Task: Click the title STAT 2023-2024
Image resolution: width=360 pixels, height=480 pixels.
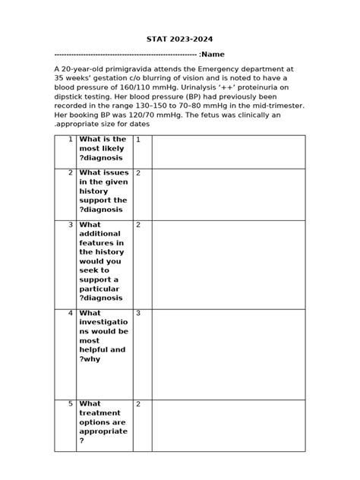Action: pos(179,39)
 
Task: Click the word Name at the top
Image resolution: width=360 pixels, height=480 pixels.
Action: pos(212,55)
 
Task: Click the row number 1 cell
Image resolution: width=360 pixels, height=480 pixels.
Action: pos(65,151)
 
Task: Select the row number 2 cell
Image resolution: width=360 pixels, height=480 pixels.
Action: pos(65,193)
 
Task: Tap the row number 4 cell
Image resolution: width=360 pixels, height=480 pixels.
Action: pos(65,352)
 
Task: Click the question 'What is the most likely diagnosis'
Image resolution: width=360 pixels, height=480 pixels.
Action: pos(103,150)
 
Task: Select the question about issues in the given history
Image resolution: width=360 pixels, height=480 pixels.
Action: pos(103,191)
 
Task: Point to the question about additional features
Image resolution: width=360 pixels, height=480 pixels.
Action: pos(103,261)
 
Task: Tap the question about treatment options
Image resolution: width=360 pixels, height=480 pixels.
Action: pos(103,422)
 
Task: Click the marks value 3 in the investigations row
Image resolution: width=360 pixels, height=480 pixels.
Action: pos(138,313)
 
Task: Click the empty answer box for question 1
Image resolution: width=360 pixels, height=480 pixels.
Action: pos(228,151)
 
